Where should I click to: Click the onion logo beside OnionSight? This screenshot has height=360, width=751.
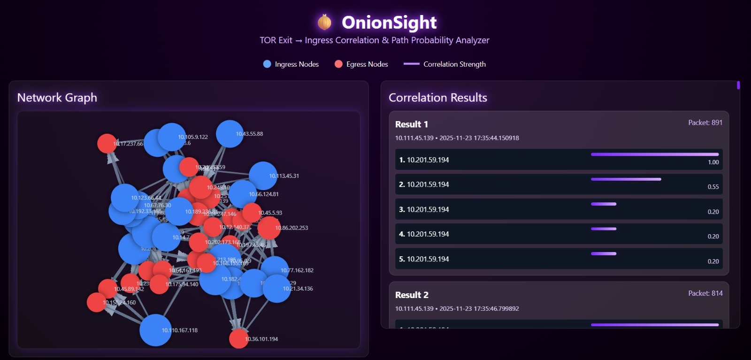[x=324, y=22]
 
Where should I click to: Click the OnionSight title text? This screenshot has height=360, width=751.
[x=389, y=23]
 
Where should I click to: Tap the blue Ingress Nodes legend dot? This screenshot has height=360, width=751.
[x=267, y=64]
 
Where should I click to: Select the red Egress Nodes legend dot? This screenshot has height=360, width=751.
[x=338, y=64]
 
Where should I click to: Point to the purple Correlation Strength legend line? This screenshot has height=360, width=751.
[x=411, y=64]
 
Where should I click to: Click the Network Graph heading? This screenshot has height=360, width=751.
[x=57, y=98]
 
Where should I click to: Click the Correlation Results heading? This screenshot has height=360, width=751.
[x=437, y=98]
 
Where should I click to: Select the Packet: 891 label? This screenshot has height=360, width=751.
[x=705, y=123]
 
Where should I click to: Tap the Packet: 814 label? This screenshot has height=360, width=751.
[x=705, y=293]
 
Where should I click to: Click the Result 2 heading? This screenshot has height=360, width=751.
[x=412, y=295]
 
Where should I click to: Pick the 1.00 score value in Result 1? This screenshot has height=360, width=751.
[x=713, y=162]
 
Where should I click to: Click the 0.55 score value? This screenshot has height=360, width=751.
[x=713, y=187]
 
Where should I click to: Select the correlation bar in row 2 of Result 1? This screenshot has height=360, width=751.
[x=626, y=179]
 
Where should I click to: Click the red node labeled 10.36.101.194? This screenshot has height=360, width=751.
[x=238, y=339]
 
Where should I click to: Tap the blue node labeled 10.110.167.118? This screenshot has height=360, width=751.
[x=155, y=330]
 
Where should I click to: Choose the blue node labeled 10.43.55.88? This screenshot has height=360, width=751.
[x=230, y=134]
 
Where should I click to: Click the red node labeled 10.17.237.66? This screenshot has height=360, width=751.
[x=107, y=143]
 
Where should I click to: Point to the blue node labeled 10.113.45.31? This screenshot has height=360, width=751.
[x=263, y=176]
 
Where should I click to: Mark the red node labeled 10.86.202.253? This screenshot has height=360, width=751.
[x=269, y=228]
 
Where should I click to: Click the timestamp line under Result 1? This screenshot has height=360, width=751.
[x=457, y=138]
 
